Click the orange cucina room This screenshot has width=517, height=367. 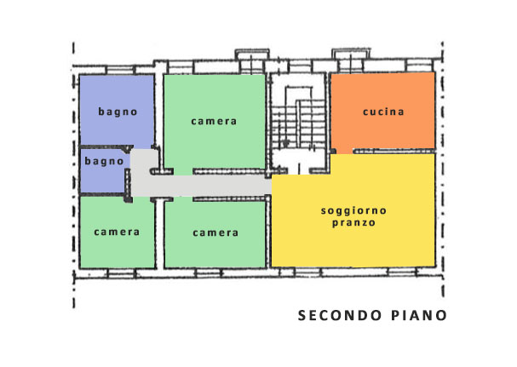(x=382, y=112)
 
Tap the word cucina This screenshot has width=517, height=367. (x=383, y=112)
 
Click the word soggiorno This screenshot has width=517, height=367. (x=353, y=211)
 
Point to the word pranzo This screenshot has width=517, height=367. (x=353, y=223)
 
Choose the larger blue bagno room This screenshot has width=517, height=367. (x=117, y=110)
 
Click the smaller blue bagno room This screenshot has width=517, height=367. (x=104, y=170)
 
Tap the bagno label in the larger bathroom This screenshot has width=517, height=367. (x=118, y=112)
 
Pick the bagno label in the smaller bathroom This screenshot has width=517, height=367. (x=104, y=161)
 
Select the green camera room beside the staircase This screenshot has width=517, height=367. (x=215, y=122)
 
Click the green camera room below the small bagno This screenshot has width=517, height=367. (x=118, y=232)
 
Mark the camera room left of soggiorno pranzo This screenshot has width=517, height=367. (x=215, y=234)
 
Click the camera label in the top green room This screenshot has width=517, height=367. (x=214, y=122)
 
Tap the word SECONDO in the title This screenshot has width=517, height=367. (x=340, y=316)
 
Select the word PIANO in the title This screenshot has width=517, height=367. (x=419, y=316)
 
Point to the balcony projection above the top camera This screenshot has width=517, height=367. (x=252, y=54)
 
